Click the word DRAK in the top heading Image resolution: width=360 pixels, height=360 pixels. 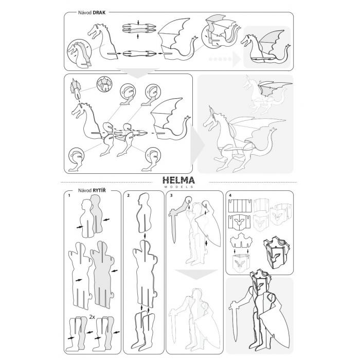[99, 13]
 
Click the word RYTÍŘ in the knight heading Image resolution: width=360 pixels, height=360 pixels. [99, 190]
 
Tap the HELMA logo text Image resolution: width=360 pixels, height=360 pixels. [178, 180]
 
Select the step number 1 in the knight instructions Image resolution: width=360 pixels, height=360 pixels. [69, 195]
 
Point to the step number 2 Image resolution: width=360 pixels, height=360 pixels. [129, 195]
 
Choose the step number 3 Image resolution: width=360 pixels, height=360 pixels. [171, 195]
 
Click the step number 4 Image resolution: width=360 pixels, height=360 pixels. [230, 195]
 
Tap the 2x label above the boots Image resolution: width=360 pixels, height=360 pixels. [92, 317]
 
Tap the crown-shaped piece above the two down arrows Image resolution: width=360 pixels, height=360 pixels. [241, 240]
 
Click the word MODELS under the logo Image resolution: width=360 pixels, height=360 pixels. [179, 187]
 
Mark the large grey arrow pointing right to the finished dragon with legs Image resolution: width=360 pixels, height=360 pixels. [197, 145]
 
